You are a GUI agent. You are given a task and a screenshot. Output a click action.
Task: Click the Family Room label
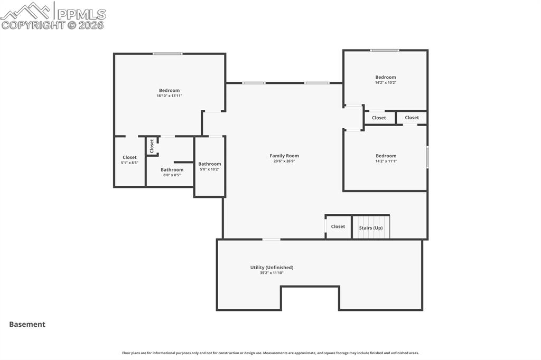[284, 156]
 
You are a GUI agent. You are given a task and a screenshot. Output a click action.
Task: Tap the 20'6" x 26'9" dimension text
[284, 161]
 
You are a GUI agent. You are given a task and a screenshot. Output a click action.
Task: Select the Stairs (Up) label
[371, 228]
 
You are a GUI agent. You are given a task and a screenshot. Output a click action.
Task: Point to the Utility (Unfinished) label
[272, 267]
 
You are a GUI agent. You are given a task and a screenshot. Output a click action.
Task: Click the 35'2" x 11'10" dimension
[272, 273]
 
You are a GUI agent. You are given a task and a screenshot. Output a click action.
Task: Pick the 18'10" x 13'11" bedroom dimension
[170, 96]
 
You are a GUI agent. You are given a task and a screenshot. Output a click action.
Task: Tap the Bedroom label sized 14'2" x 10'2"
[386, 77]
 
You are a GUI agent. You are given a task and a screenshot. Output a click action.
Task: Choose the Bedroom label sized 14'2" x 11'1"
[386, 156]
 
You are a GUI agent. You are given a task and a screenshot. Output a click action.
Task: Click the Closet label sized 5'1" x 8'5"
[130, 158]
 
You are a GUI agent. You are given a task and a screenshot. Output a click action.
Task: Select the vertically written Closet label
[152, 146]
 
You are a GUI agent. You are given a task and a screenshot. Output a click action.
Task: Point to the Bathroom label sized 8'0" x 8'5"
[172, 169]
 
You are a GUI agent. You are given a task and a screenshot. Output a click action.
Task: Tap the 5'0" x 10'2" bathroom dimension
[210, 169]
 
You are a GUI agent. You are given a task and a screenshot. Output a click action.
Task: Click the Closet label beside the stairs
[338, 226]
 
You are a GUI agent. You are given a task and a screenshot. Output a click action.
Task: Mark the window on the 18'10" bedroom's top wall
[167, 53]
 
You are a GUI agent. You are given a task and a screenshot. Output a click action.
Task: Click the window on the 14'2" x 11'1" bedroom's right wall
[427, 157]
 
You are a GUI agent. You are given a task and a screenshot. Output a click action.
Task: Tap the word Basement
[27, 324]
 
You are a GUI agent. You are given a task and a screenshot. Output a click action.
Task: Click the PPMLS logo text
[81, 14]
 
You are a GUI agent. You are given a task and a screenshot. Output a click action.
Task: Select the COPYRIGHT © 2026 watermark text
[52, 25]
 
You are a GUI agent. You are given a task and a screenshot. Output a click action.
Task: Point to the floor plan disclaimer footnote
[270, 353]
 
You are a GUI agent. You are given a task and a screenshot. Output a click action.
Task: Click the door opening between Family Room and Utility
[272, 239]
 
